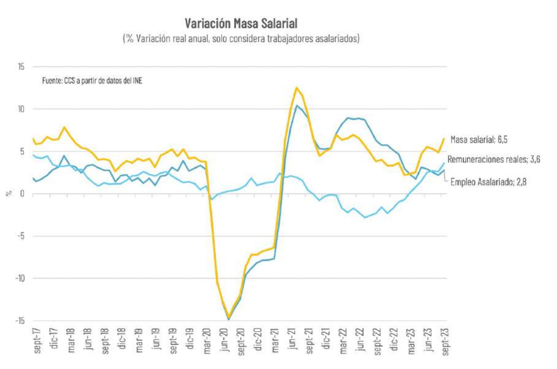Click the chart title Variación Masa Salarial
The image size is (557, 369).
tap(241, 23)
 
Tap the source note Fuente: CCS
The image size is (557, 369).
tap(93, 81)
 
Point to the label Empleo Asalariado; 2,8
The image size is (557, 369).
tap(488, 183)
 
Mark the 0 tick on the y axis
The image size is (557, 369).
tap(21, 194)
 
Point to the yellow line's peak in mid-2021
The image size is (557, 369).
tap(296, 88)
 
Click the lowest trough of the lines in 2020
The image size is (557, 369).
tap(228, 319)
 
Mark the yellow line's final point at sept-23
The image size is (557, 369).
tap(444, 139)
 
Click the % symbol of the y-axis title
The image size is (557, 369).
tap(8, 194)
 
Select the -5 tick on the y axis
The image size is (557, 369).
tap(19, 236)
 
